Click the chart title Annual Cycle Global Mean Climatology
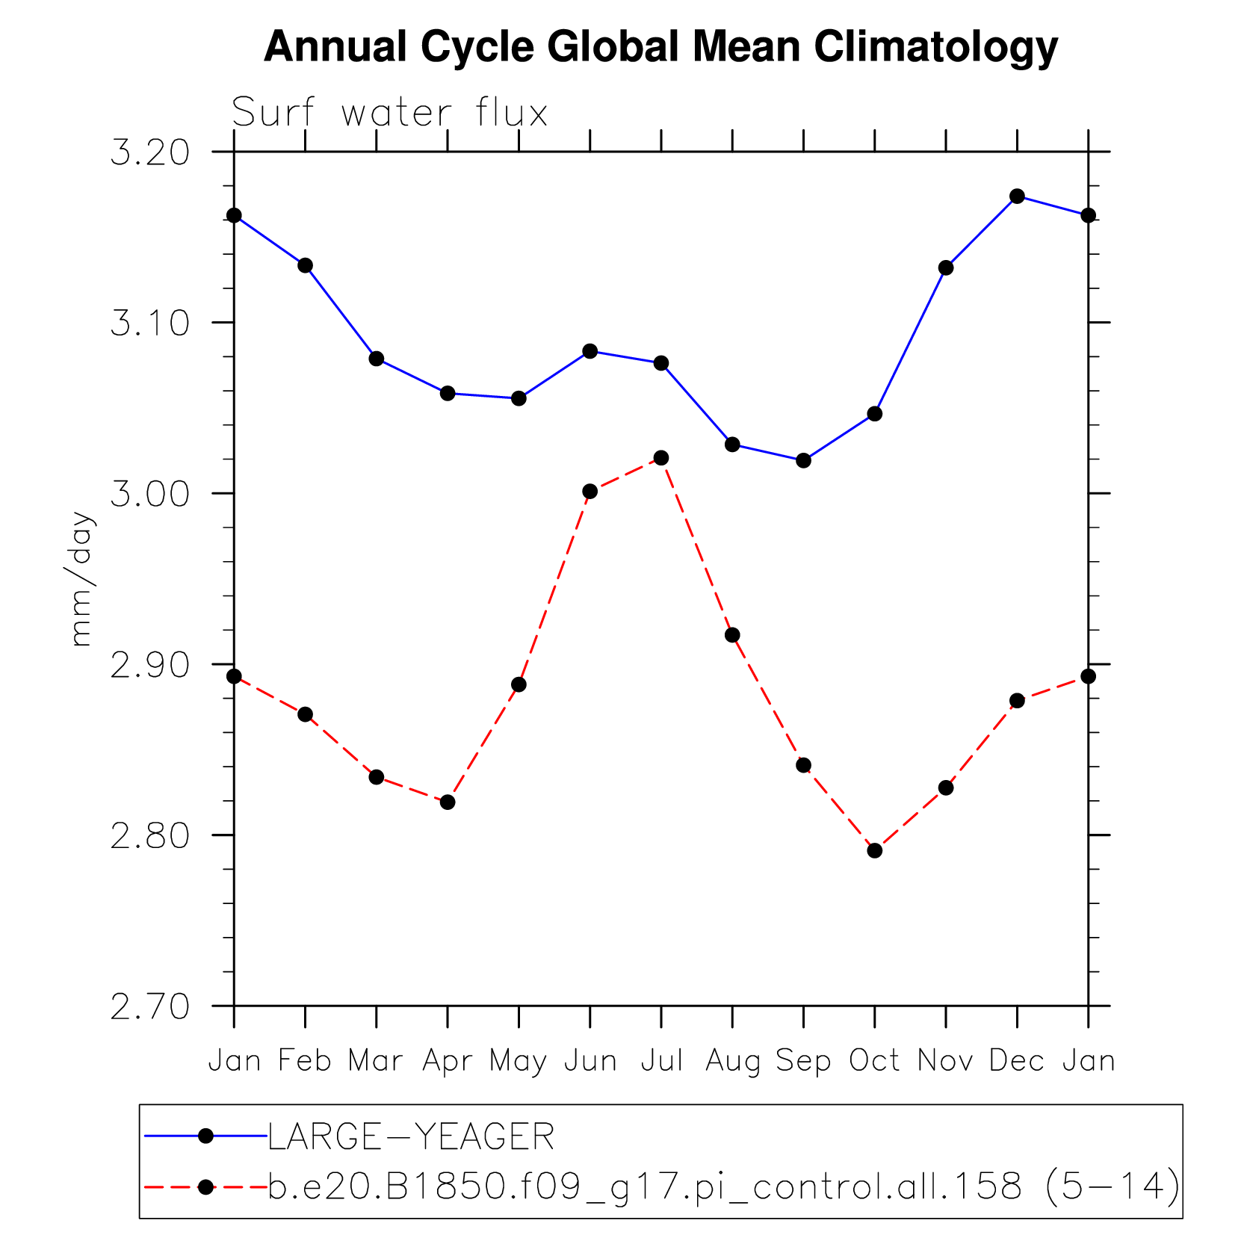point(660,46)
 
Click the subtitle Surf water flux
point(389,114)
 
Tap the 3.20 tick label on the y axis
point(149,152)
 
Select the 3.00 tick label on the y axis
point(149,494)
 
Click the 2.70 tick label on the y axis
point(149,1006)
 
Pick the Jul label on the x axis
point(662,1061)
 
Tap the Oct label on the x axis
point(874,1061)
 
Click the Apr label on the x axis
point(447,1061)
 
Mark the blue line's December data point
point(1017,197)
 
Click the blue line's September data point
point(803,460)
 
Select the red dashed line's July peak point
point(661,458)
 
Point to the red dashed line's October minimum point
point(875,851)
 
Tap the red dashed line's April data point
point(448,802)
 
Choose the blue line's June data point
point(590,351)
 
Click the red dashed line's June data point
point(590,491)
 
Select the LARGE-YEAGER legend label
point(411,1137)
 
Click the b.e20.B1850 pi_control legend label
point(723,1186)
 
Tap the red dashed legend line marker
point(206,1186)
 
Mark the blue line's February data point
point(305,265)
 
